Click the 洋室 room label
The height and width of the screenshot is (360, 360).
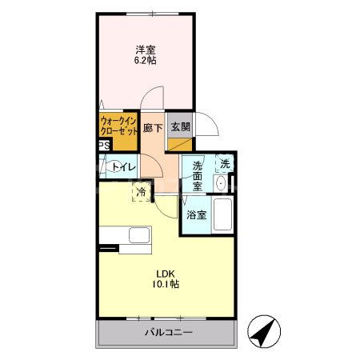pyautogui.click(x=145, y=48)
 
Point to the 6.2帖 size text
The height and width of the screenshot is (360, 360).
pyautogui.click(x=145, y=59)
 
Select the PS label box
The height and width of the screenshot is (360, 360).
pyautogui.click(x=103, y=146)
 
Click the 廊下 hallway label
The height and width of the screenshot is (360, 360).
pyautogui.click(x=153, y=127)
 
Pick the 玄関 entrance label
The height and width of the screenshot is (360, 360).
pyautogui.click(x=179, y=127)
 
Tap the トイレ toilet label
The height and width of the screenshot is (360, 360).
pyautogui.click(x=122, y=167)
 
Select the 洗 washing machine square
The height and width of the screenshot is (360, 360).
pyautogui.click(x=225, y=164)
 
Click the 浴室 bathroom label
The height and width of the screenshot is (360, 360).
pyautogui.click(x=197, y=214)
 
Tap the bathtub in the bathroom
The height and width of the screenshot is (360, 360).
pyautogui.click(x=222, y=214)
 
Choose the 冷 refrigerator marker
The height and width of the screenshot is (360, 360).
pyautogui.click(x=141, y=192)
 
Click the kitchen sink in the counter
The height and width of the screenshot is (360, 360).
pyautogui.click(x=139, y=237)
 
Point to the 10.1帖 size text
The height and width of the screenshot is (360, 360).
pyautogui.click(x=166, y=284)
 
